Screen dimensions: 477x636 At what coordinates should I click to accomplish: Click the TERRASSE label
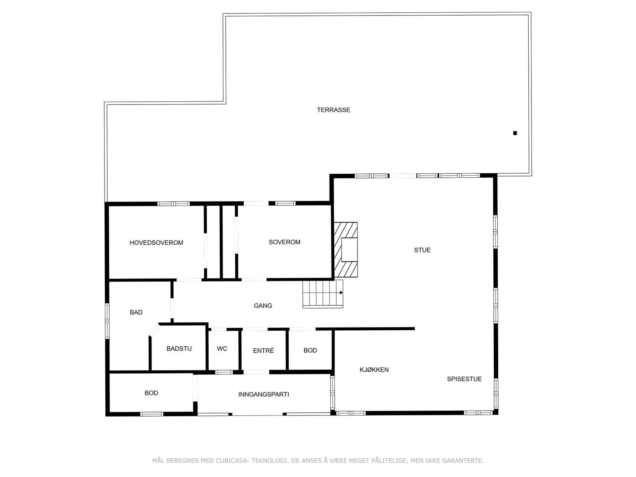click(334, 110)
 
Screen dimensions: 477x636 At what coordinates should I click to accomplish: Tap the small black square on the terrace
click(515, 133)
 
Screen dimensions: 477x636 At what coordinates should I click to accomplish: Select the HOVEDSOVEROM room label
click(156, 243)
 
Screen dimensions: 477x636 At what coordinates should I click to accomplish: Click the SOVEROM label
click(284, 242)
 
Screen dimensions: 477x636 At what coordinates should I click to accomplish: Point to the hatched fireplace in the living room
click(345, 250)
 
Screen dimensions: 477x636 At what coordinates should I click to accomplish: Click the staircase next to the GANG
click(322, 294)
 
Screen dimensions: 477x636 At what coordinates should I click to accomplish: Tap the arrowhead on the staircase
click(341, 293)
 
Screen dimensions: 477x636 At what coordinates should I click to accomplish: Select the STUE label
click(422, 250)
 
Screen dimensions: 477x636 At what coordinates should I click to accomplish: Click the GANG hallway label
click(263, 306)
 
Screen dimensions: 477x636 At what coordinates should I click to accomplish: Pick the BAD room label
click(136, 312)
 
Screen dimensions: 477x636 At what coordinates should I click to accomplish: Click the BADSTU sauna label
click(179, 349)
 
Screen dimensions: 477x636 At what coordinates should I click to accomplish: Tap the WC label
click(222, 349)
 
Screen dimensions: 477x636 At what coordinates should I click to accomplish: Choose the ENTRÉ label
click(263, 351)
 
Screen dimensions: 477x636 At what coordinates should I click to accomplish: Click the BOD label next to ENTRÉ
click(310, 350)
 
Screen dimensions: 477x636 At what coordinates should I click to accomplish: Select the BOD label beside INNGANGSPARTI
click(151, 393)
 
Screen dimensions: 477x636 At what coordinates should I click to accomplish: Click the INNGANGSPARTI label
click(264, 394)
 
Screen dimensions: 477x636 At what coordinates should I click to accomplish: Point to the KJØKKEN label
click(374, 370)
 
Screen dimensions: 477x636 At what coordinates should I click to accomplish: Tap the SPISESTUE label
click(464, 379)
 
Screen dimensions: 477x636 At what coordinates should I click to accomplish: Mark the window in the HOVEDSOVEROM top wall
click(173, 204)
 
